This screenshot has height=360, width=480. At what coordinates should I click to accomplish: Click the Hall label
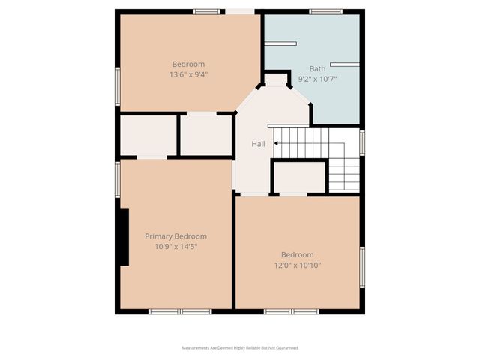tap(257, 144)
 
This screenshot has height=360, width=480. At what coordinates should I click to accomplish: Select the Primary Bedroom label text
tap(175, 236)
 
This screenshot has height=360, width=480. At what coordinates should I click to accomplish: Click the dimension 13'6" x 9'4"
tap(188, 74)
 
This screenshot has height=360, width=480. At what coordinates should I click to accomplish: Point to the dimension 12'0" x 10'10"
tap(297, 265)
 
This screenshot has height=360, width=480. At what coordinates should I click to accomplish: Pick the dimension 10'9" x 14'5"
tap(175, 246)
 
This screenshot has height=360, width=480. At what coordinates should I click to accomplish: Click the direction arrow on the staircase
tap(278, 142)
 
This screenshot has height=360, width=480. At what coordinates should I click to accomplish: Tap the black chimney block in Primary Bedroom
tap(123, 237)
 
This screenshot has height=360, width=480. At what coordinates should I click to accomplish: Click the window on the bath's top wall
tap(326, 11)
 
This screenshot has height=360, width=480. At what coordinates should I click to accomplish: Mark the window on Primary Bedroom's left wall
tap(118, 180)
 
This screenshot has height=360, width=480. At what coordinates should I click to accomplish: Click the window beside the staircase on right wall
tap(362, 142)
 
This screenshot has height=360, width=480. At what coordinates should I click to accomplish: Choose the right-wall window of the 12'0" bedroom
tap(362, 267)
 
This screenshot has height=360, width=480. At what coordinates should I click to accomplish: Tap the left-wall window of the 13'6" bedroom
tap(118, 86)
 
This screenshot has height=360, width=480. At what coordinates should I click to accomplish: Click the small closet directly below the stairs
tap(298, 178)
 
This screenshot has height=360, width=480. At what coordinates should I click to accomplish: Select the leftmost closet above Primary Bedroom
tap(148, 135)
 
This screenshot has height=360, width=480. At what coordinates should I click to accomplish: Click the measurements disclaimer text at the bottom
tap(240, 348)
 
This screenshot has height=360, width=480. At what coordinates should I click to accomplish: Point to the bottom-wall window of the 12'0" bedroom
tap(292, 311)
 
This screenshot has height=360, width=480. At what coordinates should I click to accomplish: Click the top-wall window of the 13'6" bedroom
tap(206, 11)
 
